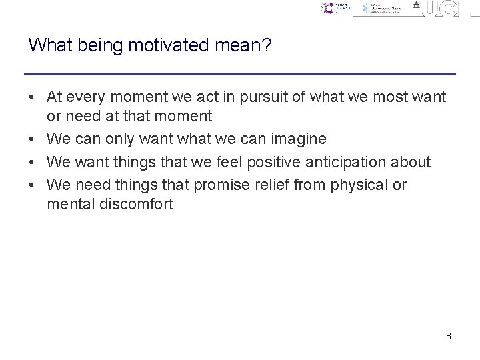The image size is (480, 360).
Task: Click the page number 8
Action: coord(449,336)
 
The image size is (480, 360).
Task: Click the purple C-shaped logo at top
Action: coord(327,8)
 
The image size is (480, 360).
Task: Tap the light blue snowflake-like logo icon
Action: coord(367,9)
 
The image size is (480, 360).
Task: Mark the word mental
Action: coord(67,204)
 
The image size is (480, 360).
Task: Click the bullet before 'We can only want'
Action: coord(32,139)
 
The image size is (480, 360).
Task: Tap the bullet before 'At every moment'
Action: coord(32,97)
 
